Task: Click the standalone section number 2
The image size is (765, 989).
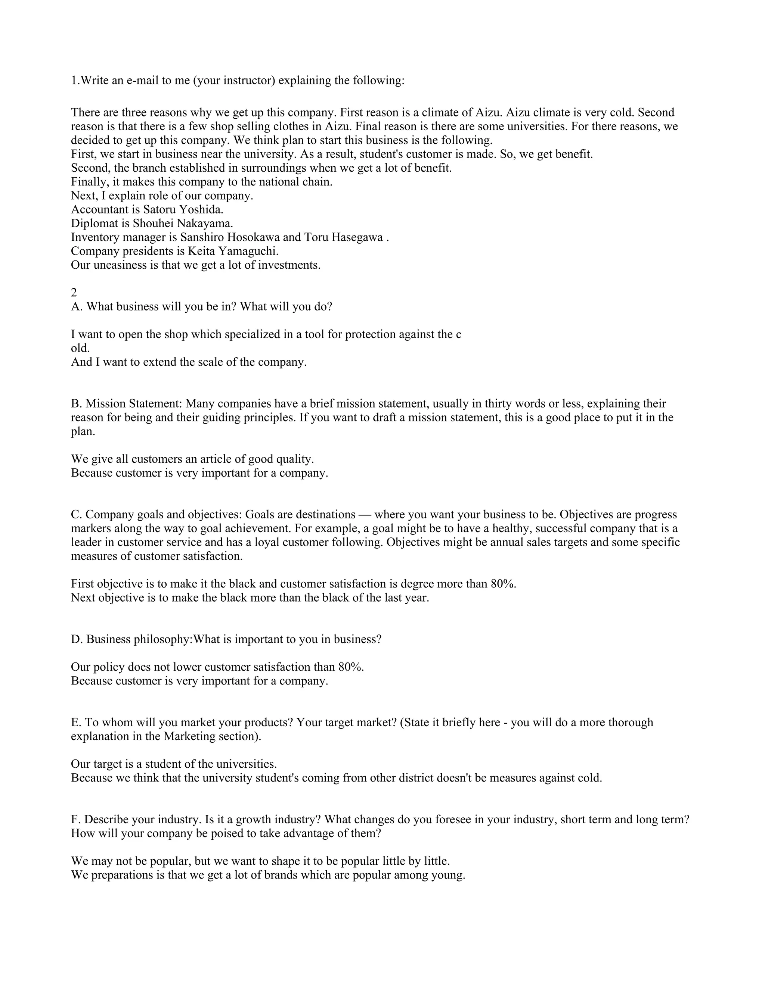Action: [x=74, y=293]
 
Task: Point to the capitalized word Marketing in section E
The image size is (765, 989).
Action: [x=189, y=736]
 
